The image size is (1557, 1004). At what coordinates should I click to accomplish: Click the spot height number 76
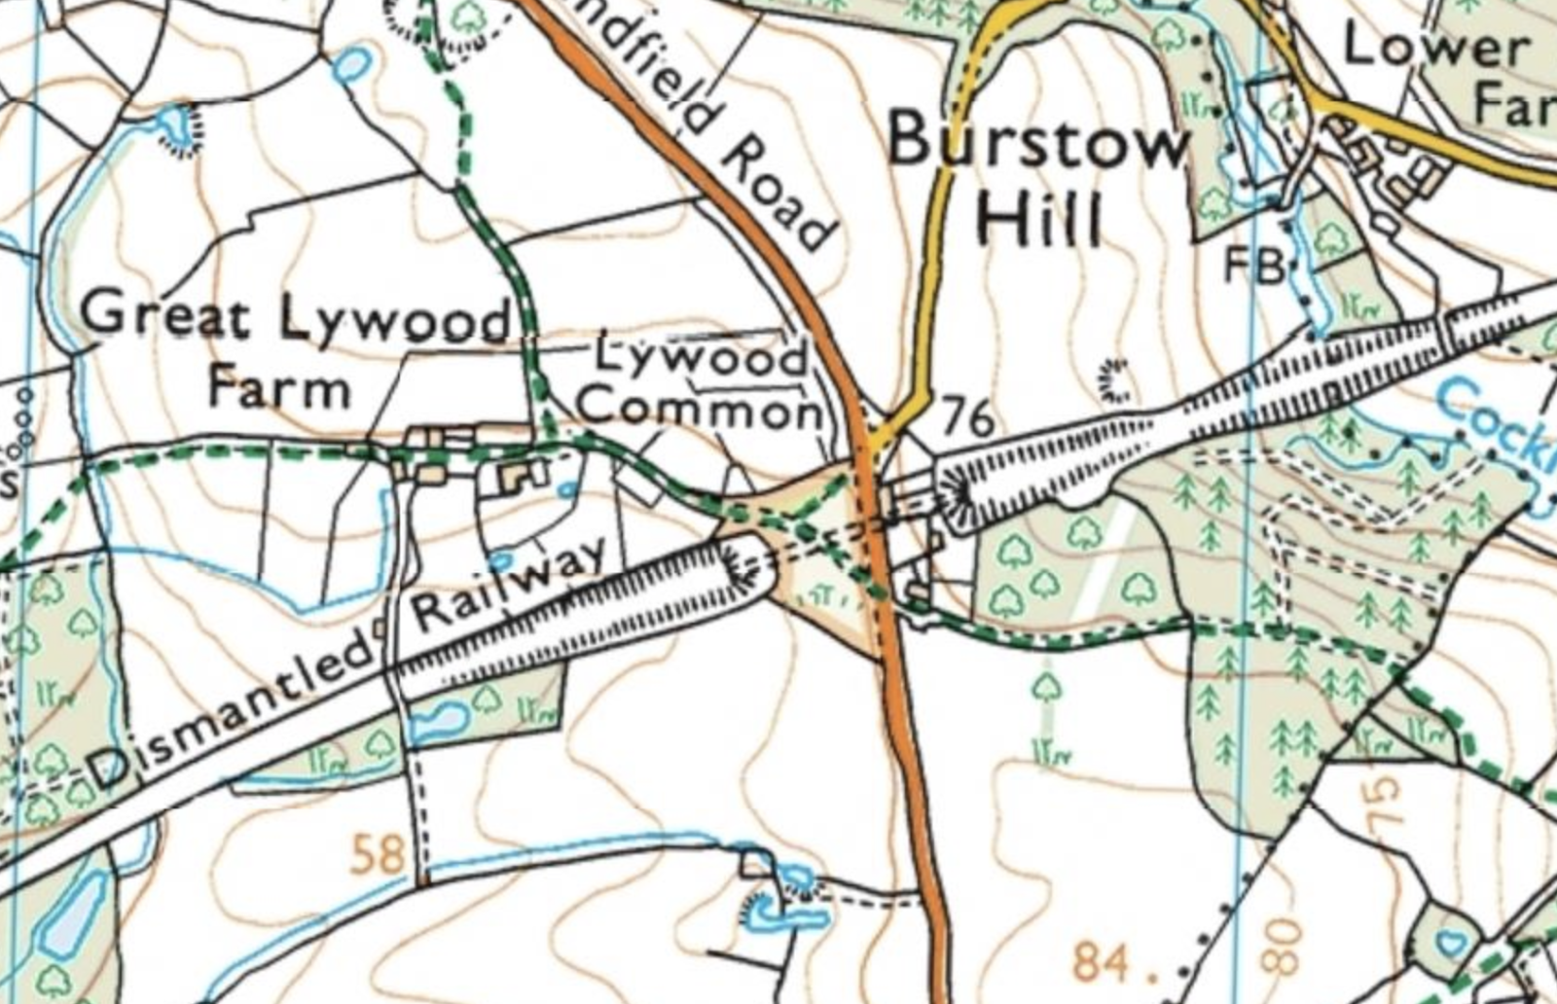tap(967, 418)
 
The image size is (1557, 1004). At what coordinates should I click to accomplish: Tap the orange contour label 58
tap(377, 856)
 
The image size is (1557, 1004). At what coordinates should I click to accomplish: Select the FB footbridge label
tap(1252, 265)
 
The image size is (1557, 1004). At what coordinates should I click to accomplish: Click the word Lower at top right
tap(1434, 47)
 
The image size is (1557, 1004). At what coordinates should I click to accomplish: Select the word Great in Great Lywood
tap(165, 316)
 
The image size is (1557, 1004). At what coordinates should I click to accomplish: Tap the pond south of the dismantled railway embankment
tap(440, 720)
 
